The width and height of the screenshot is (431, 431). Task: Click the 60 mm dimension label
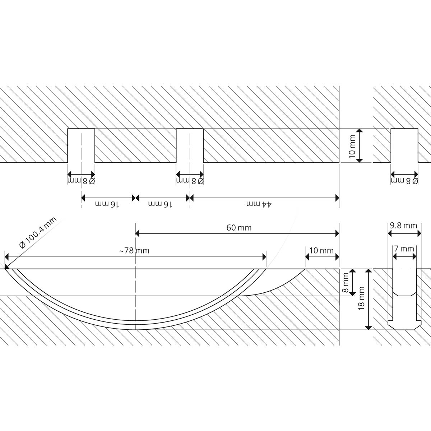click(239, 228)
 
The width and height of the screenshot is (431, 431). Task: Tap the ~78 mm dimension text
click(134, 251)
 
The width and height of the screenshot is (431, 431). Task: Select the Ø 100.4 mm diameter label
click(38, 234)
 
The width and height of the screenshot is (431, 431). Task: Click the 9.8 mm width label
click(403, 226)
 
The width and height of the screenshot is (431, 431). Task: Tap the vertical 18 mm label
click(362, 298)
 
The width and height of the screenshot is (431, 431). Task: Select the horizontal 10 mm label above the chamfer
click(321, 250)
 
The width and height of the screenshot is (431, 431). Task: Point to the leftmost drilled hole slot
click(81, 145)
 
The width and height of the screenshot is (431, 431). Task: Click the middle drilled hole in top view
click(190, 145)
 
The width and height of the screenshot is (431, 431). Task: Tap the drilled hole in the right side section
click(404, 145)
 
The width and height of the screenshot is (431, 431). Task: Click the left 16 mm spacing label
click(107, 204)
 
